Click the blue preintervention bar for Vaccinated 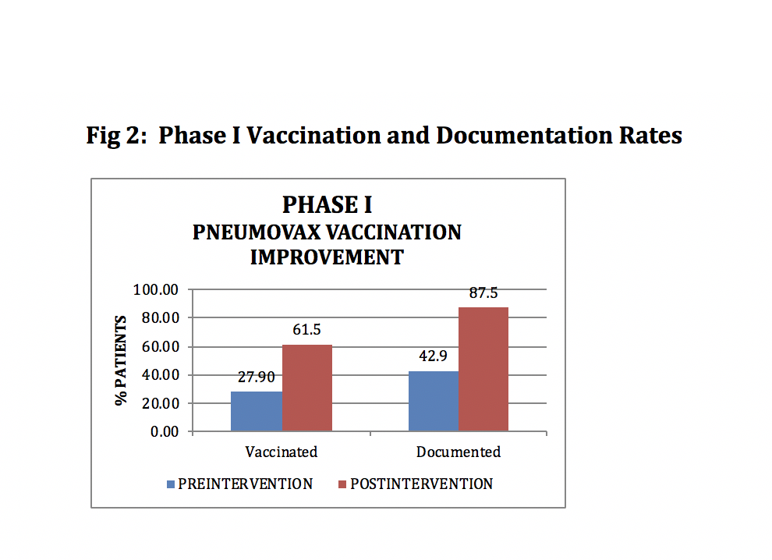point(257,411)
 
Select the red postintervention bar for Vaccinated point(307,388)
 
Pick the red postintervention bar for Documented point(483,369)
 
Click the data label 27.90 point(257,377)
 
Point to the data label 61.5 point(307,330)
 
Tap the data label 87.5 point(483,293)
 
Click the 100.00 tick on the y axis point(158,290)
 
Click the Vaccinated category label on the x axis point(282,452)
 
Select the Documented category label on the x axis point(459,452)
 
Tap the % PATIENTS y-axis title point(121,360)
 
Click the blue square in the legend point(171,484)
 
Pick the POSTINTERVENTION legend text point(421,484)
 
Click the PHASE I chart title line point(327,204)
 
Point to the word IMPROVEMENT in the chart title point(327,257)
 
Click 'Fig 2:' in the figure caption point(116,136)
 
